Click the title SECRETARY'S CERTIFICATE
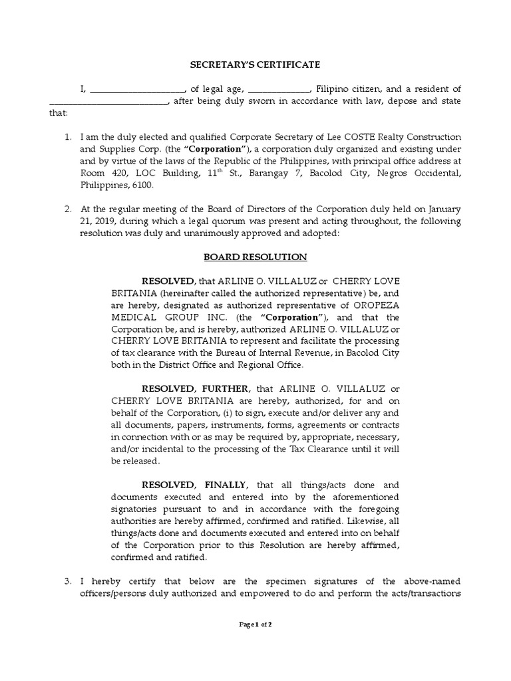[255, 65]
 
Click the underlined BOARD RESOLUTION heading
[255, 257]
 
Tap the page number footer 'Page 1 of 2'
[255, 624]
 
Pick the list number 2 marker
[68, 208]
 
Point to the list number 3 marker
[68, 581]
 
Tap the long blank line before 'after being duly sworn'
[110, 101]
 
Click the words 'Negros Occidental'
[423, 173]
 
